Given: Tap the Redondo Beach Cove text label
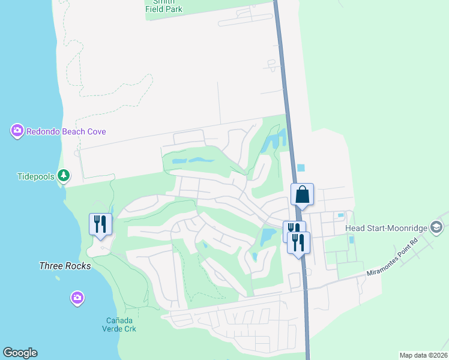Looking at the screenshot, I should coord(66,131).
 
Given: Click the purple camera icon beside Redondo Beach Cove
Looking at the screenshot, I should coord(17,130).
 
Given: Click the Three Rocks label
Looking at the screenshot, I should coord(65,266).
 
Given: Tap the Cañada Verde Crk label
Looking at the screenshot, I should coord(118,324).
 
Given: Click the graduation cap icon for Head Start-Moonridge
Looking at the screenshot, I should coord(437,227).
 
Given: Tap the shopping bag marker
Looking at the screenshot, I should coord(302,194).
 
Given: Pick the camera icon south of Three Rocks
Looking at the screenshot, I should coord(77,298).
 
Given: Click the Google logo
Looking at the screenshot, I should coord(20,353).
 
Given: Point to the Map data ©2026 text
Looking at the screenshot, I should coord(423,355).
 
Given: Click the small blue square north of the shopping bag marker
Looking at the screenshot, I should coord(301,167).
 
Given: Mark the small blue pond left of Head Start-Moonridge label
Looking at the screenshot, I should coord(341,215).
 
